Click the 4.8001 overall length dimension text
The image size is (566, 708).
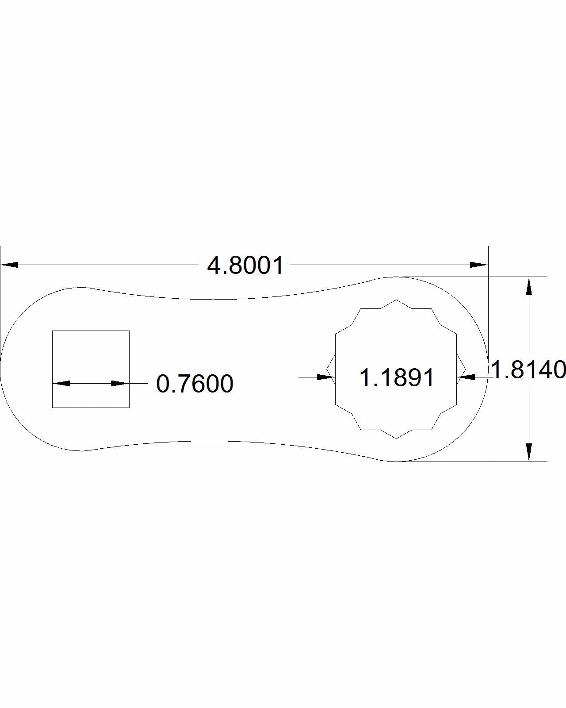click(x=245, y=265)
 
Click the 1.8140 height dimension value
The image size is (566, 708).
click(x=528, y=369)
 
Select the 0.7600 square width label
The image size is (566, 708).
click(x=195, y=384)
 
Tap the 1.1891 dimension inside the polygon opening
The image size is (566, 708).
click(x=397, y=378)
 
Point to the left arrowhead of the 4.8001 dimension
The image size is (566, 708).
click(x=9, y=265)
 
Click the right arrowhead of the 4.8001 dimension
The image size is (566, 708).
click(x=478, y=265)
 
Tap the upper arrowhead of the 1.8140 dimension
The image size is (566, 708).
click(x=528, y=286)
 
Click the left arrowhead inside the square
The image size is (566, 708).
click(x=61, y=383)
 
